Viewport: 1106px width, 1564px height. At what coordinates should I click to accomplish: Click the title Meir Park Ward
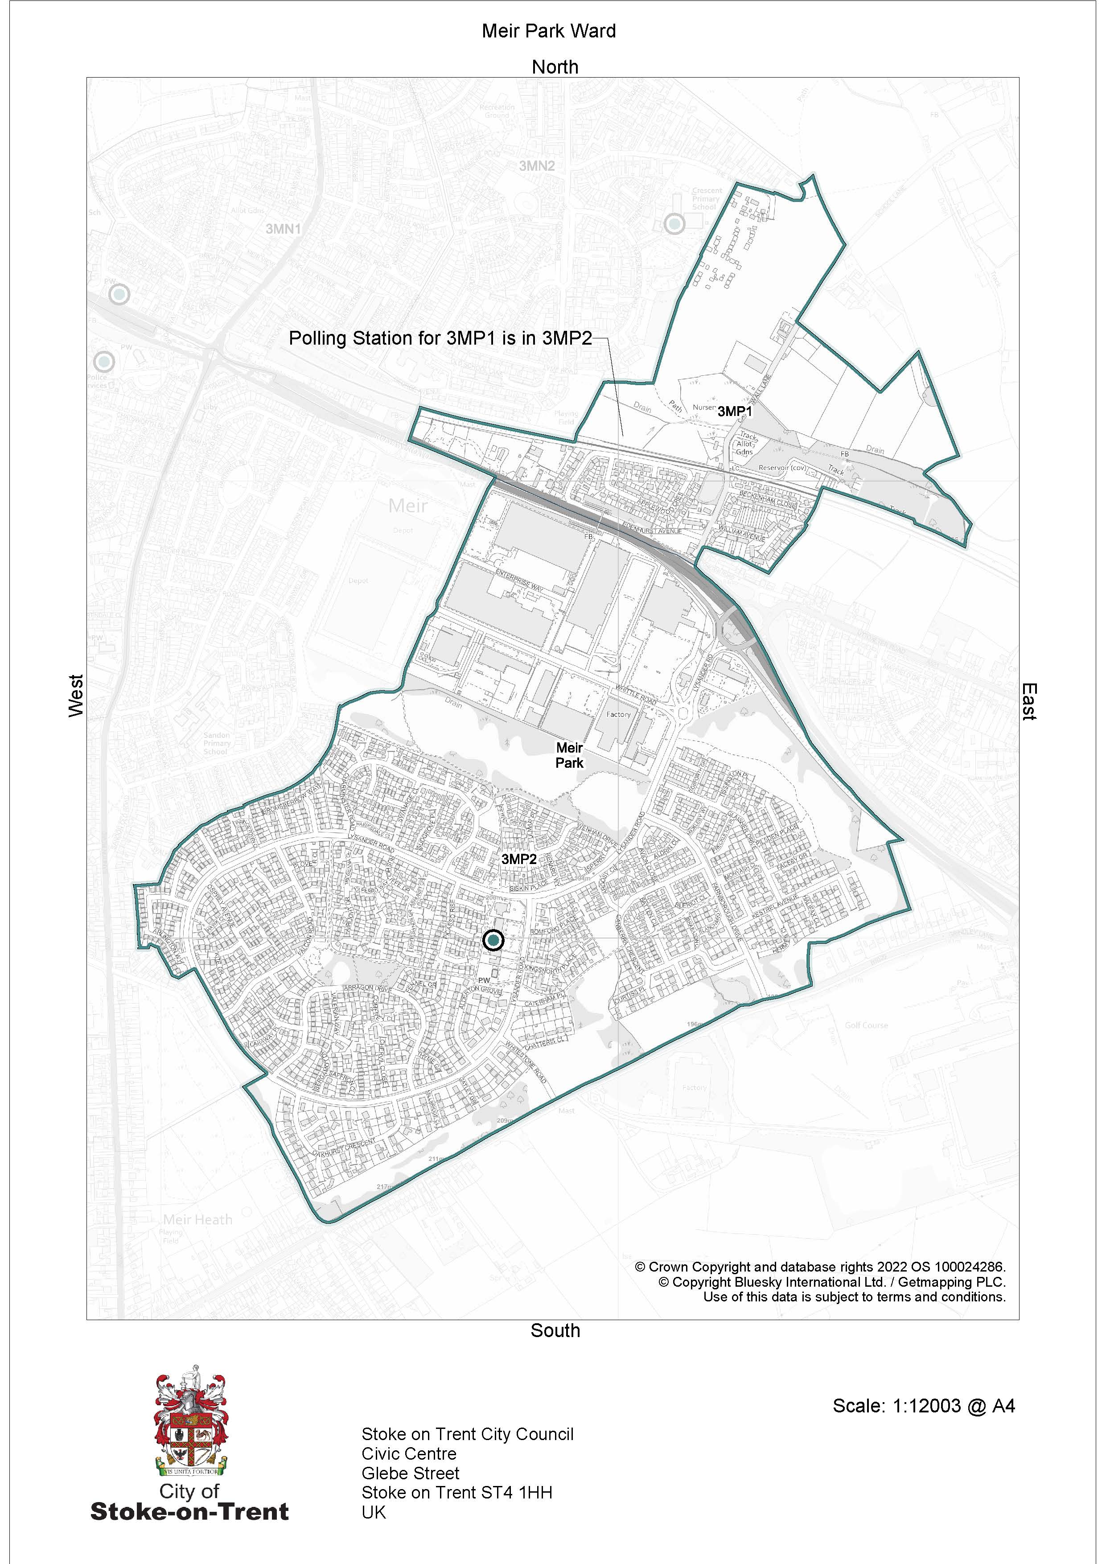[548, 31]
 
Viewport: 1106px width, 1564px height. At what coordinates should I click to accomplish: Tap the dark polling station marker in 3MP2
[493, 941]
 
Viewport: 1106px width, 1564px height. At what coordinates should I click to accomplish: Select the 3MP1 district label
[735, 412]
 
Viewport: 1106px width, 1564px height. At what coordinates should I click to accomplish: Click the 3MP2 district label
[519, 860]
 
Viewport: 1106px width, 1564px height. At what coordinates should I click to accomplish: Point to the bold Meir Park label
[569, 755]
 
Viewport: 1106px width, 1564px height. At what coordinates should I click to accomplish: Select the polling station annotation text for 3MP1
[440, 338]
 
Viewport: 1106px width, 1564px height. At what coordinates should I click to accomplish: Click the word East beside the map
[1028, 702]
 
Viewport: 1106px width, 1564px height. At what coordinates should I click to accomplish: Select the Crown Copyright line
[820, 1267]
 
